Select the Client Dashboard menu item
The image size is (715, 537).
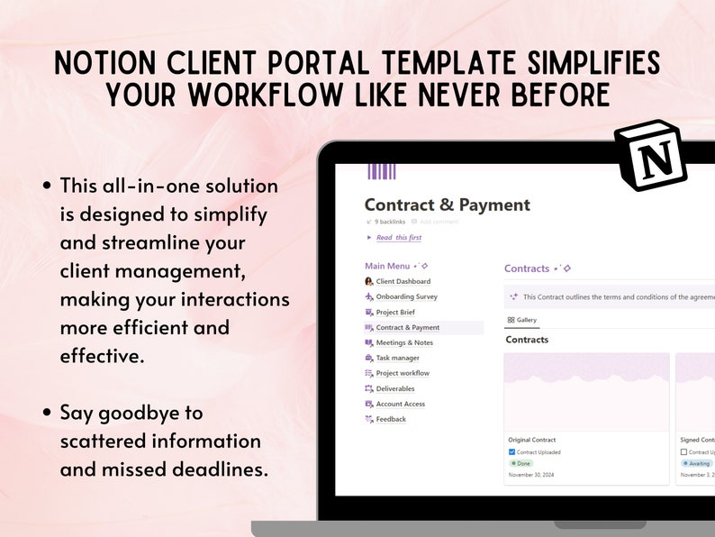tap(403, 281)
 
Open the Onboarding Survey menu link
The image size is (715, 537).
tap(406, 296)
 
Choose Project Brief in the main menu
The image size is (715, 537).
tap(395, 312)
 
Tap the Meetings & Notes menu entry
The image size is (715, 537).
tap(403, 342)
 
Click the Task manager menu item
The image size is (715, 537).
tap(397, 358)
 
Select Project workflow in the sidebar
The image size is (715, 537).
tap(402, 373)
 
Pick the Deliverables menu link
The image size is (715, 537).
tap(395, 388)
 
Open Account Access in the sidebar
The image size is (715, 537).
tap(400, 404)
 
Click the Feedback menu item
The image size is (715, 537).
tap(391, 419)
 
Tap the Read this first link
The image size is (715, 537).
tap(398, 238)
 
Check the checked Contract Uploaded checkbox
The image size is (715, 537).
tap(512, 451)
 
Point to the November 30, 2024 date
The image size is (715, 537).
tap(532, 475)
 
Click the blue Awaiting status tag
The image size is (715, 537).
tap(699, 463)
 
